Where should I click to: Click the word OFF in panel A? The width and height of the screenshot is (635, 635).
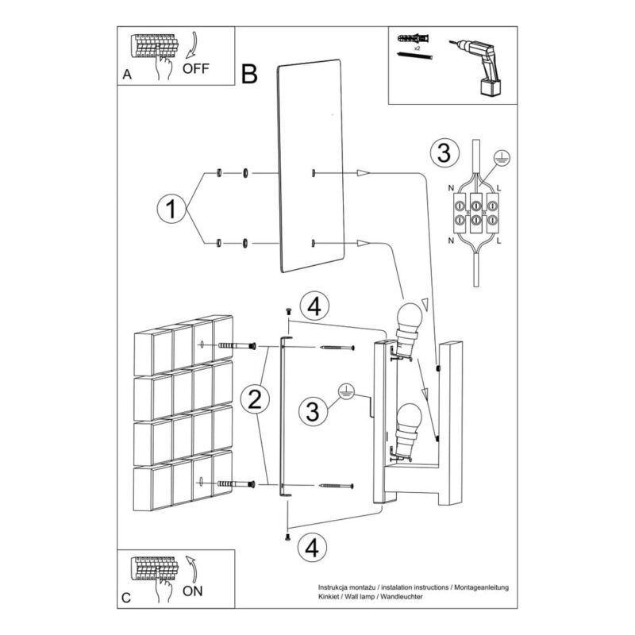(x=196, y=68)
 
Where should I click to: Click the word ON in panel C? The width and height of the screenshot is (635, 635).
(x=192, y=591)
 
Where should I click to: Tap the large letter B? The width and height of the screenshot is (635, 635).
(x=249, y=74)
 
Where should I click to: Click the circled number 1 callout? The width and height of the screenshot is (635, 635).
(x=171, y=209)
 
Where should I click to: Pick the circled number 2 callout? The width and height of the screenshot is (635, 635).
(x=255, y=399)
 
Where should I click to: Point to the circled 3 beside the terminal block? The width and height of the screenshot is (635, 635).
(x=444, y=153)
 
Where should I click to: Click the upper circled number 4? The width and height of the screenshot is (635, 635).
(x=314, y=306)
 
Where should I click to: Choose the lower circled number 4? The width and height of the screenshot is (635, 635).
(x=312, y=548)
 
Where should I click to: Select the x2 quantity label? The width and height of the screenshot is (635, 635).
(x=417, y=48)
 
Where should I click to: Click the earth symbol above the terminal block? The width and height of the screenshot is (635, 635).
(x=502, y=158)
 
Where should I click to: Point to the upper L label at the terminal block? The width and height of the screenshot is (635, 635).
(x=498, y=188)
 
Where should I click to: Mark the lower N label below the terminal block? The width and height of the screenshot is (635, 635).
(x=451, y=241)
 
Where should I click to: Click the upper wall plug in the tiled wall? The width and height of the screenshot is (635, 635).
(x=237, y=346)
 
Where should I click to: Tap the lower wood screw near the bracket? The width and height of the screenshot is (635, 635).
(x=337, y=485)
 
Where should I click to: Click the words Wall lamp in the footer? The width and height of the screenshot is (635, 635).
(x=359, y=597)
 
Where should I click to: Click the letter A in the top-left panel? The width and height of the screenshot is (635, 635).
(x=127, y=75)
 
